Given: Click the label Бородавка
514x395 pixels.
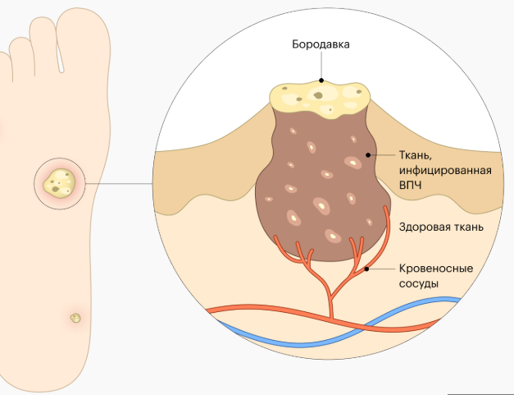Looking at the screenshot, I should [321, 44].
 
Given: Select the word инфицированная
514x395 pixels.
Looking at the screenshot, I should [444, 170].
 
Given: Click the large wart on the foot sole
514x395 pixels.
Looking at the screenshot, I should [60, 181].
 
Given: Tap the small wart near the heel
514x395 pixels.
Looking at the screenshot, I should [75, 316].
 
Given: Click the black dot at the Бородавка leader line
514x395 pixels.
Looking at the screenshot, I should [321, 80].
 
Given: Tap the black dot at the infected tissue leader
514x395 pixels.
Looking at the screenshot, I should [368, 154].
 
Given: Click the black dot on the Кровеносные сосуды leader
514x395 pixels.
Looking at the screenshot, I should [366, 269].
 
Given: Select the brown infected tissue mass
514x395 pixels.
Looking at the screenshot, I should [320, 189].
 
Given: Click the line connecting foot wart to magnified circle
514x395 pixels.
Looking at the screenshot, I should [123, 182].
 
